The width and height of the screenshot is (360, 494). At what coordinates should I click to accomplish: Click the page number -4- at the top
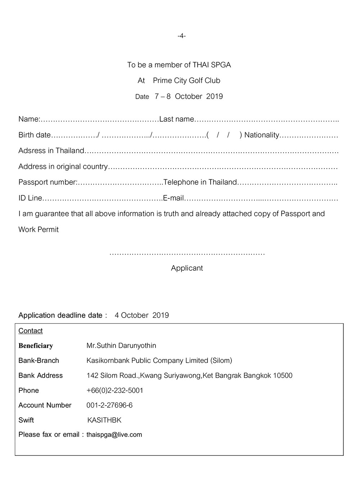181,36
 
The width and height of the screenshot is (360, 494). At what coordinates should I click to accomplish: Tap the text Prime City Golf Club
186,81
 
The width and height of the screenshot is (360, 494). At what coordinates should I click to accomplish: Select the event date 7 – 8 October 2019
189,96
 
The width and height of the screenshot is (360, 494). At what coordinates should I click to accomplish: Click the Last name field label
177,119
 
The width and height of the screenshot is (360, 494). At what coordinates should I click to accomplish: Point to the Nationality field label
262,135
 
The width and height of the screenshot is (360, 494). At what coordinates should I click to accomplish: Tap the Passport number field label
48,182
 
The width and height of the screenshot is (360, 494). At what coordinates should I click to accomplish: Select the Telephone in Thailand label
200,182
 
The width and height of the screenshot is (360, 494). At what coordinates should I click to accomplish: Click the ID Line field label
30,198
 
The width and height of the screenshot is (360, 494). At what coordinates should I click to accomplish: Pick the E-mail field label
174,198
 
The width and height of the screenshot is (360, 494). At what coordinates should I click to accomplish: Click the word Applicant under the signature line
187,268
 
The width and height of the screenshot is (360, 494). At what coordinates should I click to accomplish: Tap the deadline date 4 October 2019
142,315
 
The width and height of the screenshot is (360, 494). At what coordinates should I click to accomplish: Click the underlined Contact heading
31,331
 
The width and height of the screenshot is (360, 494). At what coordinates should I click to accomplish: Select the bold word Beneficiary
36,346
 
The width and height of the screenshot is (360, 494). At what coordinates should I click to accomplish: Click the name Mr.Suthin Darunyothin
121,346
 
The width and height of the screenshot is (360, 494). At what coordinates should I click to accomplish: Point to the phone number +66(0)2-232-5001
115,391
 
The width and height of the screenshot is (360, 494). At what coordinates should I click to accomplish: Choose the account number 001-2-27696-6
109,405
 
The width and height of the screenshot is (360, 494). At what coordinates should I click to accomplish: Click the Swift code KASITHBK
104,420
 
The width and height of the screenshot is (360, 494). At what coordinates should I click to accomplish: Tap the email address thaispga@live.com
114,435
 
